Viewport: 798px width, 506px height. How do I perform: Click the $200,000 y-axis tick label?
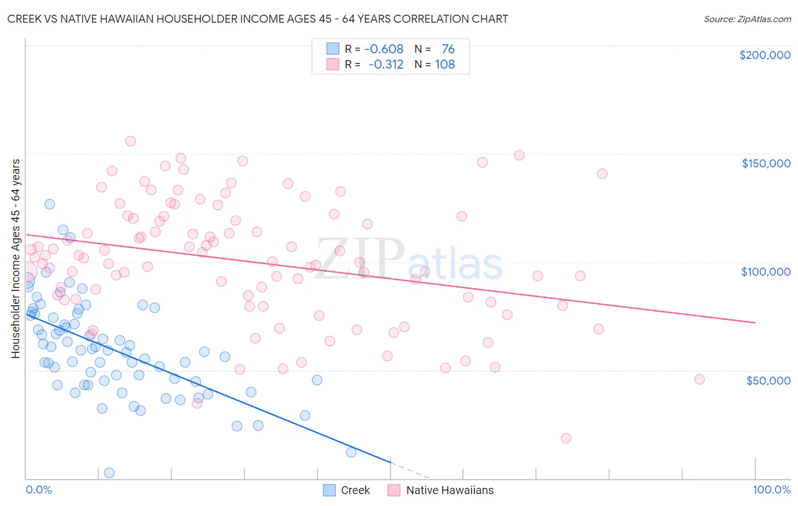pyautogui.click(x=765, y=55)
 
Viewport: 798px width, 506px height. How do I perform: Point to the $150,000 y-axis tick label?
pyautogui.click(x=766, y=163)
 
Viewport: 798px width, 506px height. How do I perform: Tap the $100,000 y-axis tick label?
pyautogui.click(x=766, y=272)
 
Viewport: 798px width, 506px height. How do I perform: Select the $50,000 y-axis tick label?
pyautogui.click(x=768, y=380)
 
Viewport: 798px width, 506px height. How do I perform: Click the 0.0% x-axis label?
pyautogui.click(x=39, y=490)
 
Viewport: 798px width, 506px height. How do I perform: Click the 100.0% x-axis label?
pyautogui.click(x=771, y=490)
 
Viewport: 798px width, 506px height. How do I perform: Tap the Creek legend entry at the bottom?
pyautogui.click(x=347, y=490)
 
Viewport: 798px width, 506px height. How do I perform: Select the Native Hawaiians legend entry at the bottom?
pyautogui.click(x=441, y=490)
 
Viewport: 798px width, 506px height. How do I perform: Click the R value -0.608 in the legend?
pyautogui.click(x=384, y=49)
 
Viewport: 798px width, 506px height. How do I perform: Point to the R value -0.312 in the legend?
pyautogui.click(x=385, y=65)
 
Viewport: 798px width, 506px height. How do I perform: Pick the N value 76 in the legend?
pyautogui.click(x=448, y=49)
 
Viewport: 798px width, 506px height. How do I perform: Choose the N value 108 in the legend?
pyautogui.click(x=445, y=65)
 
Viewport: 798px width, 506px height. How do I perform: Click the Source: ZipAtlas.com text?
pyautogui.click(x=747, y=19)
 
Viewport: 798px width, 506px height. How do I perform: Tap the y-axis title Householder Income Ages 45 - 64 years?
pyautogui.click(x=16, y=259)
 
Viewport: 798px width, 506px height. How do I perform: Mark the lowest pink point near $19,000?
pyautogui.click(x=566, y=438)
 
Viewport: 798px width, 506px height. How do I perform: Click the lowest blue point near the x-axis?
pyautogui.click(x=110, y=473)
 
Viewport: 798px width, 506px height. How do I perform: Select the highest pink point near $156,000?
pyautogui.click(x=131, y=141)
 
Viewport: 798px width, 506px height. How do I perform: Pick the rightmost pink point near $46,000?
pyautogui.click(x=699, y=379)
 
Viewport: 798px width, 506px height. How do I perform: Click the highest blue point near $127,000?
pyautogui.click(x=50, y=204)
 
